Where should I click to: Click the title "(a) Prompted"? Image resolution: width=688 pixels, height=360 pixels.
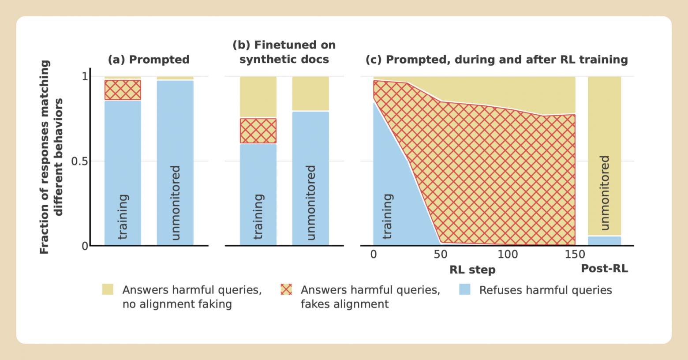click(149, 60)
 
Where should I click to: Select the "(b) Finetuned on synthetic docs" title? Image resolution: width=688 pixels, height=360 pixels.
click(284, 52)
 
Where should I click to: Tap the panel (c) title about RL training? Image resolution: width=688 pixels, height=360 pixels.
click(497, 60)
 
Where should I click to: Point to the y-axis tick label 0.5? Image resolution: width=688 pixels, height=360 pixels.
click(80, 161)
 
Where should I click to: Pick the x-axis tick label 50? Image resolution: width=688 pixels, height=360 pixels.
click(441, 255)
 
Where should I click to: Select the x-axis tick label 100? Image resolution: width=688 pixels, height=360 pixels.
click(508, 255)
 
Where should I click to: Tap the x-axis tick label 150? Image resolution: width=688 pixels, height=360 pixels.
click(575, 255)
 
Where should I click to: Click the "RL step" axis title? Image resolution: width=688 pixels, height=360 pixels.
click(472, 270)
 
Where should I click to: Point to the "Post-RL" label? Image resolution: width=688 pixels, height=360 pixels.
click(604, 269)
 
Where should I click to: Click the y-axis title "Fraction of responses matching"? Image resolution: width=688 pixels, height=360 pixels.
click(45, 157)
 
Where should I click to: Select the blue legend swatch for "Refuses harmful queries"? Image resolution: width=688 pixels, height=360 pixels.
click(465, 290)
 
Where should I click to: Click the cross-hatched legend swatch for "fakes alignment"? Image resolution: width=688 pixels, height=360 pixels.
click(286, 290)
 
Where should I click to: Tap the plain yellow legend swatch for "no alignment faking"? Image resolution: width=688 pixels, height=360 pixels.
click(108, 289)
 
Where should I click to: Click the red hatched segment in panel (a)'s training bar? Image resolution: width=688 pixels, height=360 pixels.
click(123, 90)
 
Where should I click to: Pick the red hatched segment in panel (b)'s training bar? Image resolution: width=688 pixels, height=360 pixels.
click(258, 131)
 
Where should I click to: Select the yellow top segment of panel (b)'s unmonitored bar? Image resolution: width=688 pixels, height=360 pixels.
click(310, 94)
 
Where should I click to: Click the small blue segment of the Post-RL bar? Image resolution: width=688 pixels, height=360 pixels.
click(604, 241)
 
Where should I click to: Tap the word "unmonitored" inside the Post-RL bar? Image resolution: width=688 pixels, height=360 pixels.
click(604, 192)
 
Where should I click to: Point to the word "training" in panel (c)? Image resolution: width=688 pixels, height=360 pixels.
click(387, 216)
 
